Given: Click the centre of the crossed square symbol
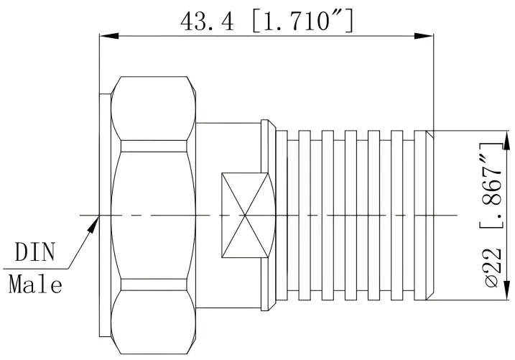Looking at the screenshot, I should pyautogui.click(x=247, y=215).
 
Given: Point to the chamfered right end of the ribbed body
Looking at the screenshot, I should pyautogui.click(x=430, y=215).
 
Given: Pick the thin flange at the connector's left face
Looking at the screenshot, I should pyautogui.click(x=104, y=215).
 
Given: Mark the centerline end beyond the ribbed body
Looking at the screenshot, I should pyautogui.click(x=453, y=215).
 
